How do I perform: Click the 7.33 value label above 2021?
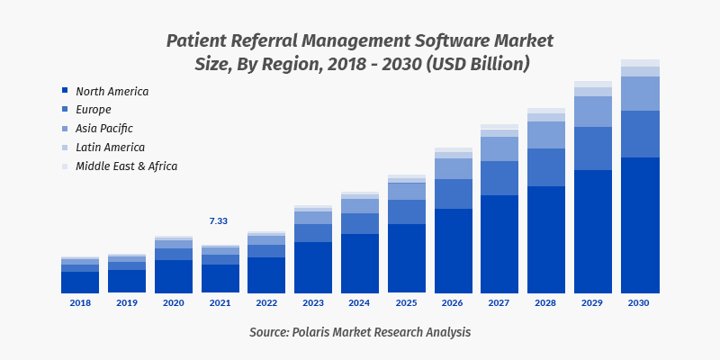(x=219, y=221)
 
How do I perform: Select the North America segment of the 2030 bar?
(x=640, y=225)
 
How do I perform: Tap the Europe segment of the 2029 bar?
(x=593, y=148)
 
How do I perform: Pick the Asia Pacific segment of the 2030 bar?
(x=640, y=94)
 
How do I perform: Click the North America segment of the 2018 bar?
(x=80, y=283)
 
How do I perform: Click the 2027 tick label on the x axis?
(x=499, y=303)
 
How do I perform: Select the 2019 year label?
(x=127, y=303)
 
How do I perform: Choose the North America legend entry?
(x=112, y=92)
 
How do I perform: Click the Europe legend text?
(x=94, y=110)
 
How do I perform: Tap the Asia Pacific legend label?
(x=103, y=129)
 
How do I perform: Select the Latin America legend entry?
(x=110, y=147)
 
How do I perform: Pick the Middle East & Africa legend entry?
(x=126, y=166)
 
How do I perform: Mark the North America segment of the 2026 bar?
(x=453, y=251)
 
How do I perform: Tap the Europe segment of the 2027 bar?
(x=499, y=178)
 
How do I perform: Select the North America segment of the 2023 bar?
(x=312, y=267)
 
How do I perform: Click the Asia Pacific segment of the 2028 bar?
(x=546, y=135)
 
